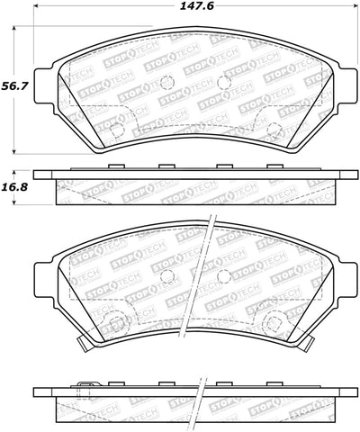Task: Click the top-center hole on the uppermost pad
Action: [166, 82]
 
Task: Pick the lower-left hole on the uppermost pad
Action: [115, 129]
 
